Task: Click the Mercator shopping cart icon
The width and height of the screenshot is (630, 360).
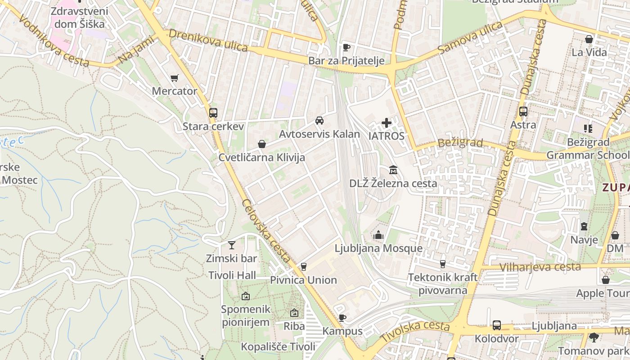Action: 175,78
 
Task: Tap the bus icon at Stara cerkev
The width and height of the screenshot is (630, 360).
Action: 213,113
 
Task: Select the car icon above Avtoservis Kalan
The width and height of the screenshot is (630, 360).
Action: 319,121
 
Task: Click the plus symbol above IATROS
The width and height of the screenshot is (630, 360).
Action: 386,122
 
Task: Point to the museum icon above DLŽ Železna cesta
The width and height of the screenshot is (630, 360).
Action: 393,170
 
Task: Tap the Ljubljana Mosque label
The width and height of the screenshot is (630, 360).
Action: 378,248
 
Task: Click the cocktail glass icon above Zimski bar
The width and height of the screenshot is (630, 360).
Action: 231,245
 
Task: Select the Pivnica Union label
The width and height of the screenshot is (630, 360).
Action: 303,280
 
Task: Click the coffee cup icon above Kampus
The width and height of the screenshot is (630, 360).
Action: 342,318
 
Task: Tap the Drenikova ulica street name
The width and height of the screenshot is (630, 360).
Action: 208,41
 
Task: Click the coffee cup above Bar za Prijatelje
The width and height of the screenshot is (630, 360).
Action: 346,47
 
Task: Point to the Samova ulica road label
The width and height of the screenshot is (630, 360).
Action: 470,38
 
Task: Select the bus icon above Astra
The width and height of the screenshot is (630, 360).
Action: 523,111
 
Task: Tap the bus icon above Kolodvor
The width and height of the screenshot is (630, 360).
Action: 497,325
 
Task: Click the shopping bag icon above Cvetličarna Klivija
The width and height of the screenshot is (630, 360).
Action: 261,144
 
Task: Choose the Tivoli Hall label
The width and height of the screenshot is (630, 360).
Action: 232,275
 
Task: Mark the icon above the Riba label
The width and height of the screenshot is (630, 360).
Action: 294,313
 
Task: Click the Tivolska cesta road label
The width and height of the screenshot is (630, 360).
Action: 415,330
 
